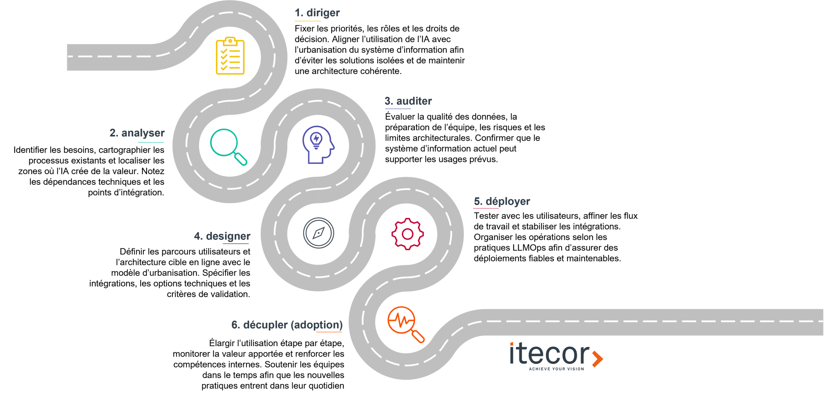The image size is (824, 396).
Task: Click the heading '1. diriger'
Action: click(x=317, y=13)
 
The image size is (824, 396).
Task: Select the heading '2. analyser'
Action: click(x=137, y=133)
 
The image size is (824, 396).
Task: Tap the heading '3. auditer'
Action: click(x=408, y=101)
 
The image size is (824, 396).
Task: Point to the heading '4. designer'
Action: click(x=222, y=236)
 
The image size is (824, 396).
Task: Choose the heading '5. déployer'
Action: click(x=502, y=202)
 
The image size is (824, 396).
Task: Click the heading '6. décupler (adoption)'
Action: click(x=287, y=325)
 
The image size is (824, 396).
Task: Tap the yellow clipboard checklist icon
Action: click(x=230, y=56)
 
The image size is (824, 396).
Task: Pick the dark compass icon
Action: click(x=319, y=233)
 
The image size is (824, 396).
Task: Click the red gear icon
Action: click(x=407, y=234)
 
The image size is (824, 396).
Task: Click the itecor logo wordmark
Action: click(x=550, y=354)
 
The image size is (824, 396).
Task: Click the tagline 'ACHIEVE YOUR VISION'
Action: click(x=556, y=369)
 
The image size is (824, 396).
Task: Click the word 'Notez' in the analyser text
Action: click(x=153, y=171)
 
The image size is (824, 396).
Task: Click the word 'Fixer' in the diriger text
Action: click(x=304, y=29)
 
